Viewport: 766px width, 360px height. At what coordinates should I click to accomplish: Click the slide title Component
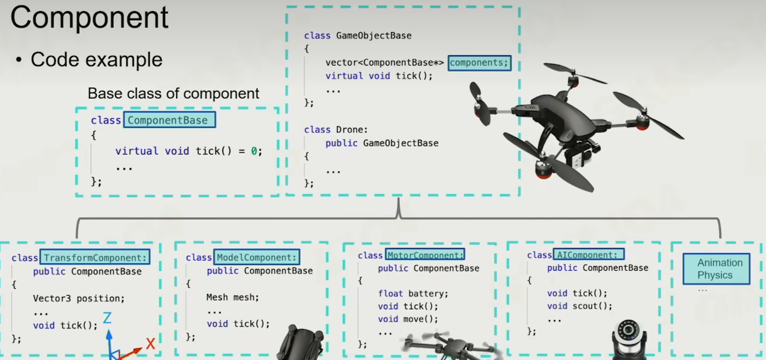click(89, 18)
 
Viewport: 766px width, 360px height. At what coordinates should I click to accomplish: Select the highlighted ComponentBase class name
click(169, 120)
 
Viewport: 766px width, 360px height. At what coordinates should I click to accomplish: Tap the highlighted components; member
click(479, 63)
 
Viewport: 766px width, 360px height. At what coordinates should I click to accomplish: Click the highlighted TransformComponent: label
click(95, 258)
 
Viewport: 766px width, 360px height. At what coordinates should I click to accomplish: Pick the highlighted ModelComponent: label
click(257, 257)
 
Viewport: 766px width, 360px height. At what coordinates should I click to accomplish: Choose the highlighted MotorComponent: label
click(425, 255)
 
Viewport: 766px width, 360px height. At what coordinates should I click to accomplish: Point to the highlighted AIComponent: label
click(588, 255)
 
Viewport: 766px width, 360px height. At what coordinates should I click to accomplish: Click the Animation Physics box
click(716, 269)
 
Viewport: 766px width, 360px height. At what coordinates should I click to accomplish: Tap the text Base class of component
click(173, 94)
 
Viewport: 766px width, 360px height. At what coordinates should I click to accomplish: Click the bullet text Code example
click(96, 60)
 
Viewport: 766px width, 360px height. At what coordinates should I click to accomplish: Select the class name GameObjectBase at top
click(374, 36)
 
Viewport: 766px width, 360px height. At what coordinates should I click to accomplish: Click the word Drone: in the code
click(352, 130)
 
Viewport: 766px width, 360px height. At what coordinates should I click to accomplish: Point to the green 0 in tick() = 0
click(254, 151)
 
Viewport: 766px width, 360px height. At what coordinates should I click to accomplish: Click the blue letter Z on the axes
click(107, 318)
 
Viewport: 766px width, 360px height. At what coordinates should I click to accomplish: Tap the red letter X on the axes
click(150, 343)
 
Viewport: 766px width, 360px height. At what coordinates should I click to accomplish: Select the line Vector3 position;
click(79, 298)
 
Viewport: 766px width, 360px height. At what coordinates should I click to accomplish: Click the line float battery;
click(413, 294)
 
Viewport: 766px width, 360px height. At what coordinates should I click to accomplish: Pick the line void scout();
click(579, 306)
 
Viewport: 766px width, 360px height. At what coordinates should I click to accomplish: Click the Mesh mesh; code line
click(232, 298)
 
